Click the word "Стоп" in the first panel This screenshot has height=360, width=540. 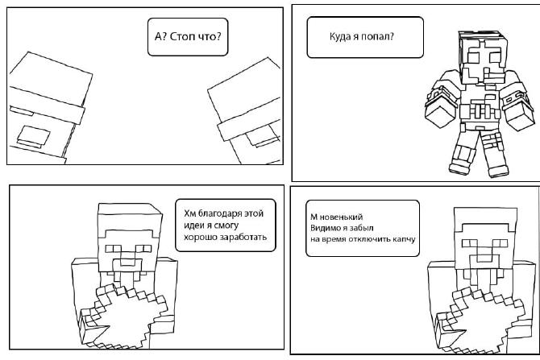coord(182,36)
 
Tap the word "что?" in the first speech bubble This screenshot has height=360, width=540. coord(210,36)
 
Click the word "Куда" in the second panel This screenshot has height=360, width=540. coord(339,36)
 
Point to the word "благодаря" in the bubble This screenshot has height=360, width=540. coord(220,213)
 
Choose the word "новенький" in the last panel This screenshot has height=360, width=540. coord(341,217)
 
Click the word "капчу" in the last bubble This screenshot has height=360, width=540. coord(403,239)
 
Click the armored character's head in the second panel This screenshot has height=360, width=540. coord(483,57)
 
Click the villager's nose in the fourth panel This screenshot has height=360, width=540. coord(485,261)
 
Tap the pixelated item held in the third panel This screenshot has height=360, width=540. coord(124,316)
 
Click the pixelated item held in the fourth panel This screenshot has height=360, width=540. coord(480,320)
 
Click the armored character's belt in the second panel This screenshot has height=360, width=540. coord(480,111)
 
